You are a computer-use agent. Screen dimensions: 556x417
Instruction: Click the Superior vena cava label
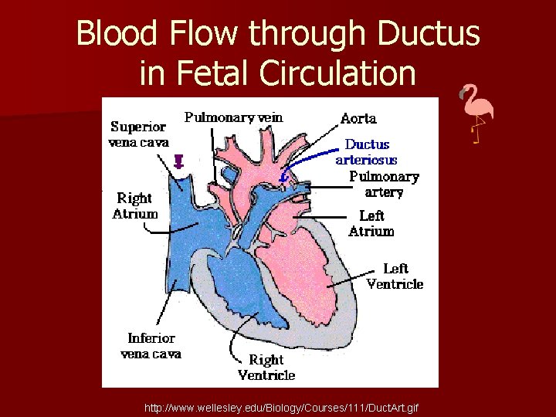(140, 134)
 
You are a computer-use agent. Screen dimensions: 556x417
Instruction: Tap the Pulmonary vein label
(233, 117)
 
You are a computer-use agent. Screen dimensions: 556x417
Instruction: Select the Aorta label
(358, 118)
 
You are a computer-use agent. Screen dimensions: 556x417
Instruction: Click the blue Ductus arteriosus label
(367, 151)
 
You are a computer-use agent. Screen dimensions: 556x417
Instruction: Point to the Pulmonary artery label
(384, 184)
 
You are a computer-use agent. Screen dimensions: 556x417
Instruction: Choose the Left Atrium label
(371, 223)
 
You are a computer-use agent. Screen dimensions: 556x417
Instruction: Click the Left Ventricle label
(395, 276)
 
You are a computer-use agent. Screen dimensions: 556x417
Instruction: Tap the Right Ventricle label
(266, 367)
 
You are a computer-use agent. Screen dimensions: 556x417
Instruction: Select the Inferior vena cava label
(151, 345)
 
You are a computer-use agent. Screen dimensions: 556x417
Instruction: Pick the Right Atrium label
(135, 206)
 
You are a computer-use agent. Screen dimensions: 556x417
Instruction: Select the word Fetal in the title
(212, 73)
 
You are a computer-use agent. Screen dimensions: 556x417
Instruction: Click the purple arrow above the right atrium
(179, 161)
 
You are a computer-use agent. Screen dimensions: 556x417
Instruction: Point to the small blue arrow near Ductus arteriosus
(284, 177)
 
